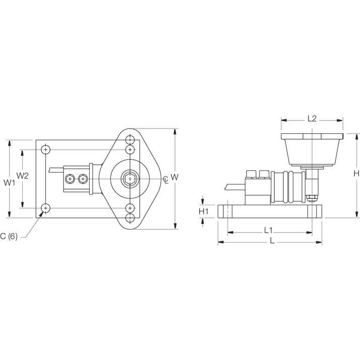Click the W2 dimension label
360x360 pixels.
(22, 175)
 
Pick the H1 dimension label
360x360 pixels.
(204, 211)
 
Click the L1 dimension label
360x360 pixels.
(270, 230)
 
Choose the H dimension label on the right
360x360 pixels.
(356, 173)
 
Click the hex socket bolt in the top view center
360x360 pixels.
(130, 178)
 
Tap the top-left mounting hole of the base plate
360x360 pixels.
(46, 150)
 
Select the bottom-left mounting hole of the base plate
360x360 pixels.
(46, 208)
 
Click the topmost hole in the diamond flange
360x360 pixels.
(131, 139)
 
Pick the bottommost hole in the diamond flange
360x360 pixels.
(131, 218)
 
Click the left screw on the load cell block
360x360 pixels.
(70, 178)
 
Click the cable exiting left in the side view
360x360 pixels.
(235, 188)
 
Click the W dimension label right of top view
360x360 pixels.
(174, 177)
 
